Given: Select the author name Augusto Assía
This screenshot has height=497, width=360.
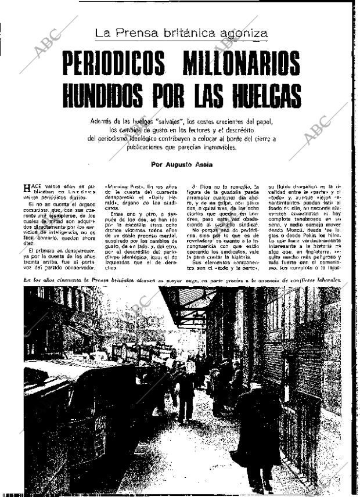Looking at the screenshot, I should (x=191, y=164).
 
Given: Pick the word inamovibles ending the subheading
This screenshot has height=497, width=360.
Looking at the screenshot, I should (x=217, y=147).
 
